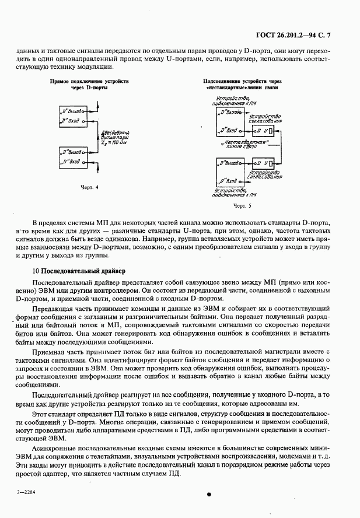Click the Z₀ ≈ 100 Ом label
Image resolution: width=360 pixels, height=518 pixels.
[112, 142]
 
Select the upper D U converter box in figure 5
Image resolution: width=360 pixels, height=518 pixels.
[265, 129]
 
